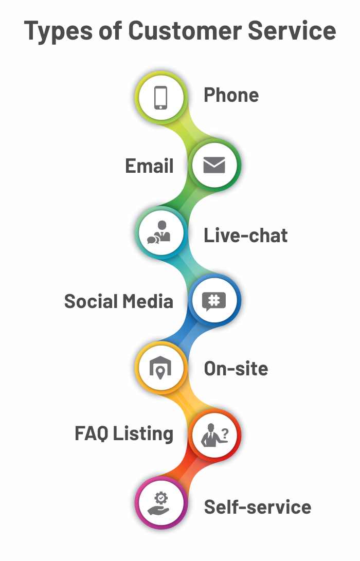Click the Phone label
pos(231,95)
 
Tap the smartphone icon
pos(161,97)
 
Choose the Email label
pos(150,166)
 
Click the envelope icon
pos(214,165)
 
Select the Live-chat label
pos(246,236)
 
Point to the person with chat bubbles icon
pos(159,233)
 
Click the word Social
pos(89,301)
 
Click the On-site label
pos(236,368)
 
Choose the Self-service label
pos(258,507)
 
